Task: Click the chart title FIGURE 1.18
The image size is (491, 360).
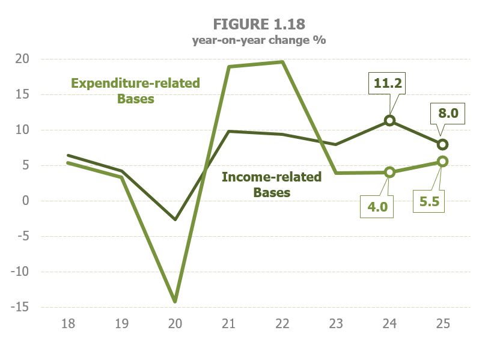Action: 258,24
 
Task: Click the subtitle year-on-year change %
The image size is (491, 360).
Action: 258,40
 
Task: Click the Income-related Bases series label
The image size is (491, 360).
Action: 272,185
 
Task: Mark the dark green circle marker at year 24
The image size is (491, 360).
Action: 389,121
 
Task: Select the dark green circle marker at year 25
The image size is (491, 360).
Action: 442,144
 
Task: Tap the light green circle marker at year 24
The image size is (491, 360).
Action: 389,172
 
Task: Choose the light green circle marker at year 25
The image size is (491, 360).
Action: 442,162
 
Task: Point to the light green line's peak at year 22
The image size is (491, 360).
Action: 282,62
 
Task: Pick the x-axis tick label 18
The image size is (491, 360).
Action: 68,324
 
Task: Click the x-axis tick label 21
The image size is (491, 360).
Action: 228,324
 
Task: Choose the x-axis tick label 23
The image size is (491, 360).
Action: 335,324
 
